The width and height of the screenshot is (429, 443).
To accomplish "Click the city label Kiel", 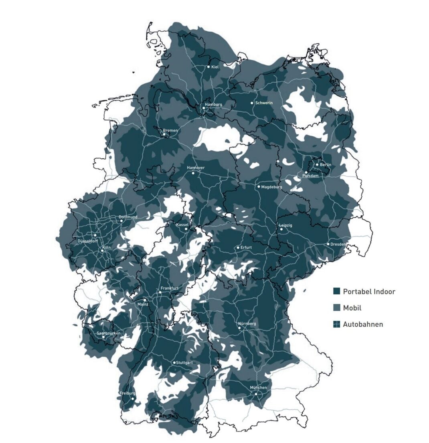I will click(x=215, y=67).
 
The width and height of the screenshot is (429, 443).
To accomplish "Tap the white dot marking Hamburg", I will click(x=204, y=108).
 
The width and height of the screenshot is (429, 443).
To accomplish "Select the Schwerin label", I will click(x=264, y=103).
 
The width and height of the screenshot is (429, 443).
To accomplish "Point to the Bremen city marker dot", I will click(x=164, y=134).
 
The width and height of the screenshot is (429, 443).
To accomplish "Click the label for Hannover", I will click(x=196, y=168).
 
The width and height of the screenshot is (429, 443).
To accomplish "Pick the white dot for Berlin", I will click(x=317, y=164).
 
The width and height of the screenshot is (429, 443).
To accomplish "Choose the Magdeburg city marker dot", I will click(x=259, y=186).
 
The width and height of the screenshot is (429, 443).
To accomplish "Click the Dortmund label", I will click(x=128, y=217).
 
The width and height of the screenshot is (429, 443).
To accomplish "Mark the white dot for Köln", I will click(x=102, y=251).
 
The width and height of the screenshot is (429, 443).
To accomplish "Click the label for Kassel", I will click(x=182, y=225).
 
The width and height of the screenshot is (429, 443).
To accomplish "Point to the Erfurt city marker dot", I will click(x=238, y=247).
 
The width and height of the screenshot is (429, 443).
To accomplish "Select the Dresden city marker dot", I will click(x=328, y=244).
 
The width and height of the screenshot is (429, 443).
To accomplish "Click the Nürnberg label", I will click(x=247, y=323).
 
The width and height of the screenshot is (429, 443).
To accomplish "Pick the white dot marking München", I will click(x=256, y=394).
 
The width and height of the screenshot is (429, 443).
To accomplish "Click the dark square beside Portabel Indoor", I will click(x=337, y=291).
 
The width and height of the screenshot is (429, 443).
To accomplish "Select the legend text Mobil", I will click(x=352, y=308).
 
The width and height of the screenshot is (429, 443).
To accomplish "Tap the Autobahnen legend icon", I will click(x=337, y=324).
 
